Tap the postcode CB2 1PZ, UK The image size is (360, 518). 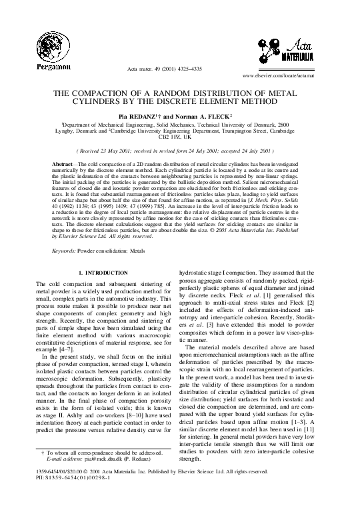180,137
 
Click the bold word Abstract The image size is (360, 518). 67,163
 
